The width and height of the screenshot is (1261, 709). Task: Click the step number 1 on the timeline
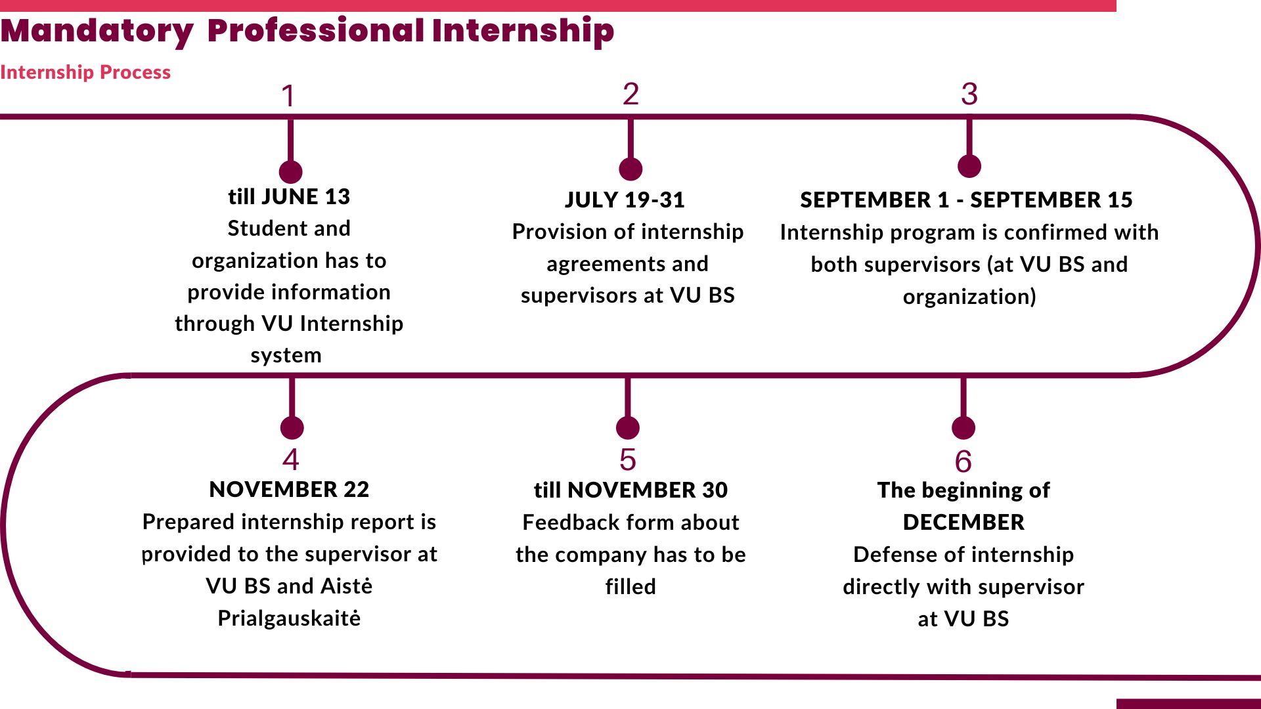(x=288, y=97)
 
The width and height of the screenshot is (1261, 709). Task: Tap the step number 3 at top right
(x=969, y=95)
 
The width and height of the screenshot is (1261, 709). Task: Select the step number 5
(x=628, y=460)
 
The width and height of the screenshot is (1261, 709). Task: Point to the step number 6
(x=963, y=462)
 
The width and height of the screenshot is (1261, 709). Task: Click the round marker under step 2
(x=630, y=169)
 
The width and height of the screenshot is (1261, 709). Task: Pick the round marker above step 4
(x=292, y=427)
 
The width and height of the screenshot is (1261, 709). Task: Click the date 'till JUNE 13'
(x=289, y=196)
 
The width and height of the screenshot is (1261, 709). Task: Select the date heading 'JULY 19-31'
(x=625, y=200)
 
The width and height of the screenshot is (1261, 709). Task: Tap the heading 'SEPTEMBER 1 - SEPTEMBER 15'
(x=966, y=200)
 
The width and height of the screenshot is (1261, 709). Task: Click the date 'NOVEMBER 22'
(x=289, y=489)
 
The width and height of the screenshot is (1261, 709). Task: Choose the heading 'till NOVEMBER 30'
(x=630, y=490)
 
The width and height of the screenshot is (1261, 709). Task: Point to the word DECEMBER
(x=963, y=522)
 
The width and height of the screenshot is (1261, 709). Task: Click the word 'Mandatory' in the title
(x=97, y=31)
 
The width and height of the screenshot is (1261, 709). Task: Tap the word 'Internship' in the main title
(x=523, y=31)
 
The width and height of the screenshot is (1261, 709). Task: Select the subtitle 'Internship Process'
(x=85, y=72)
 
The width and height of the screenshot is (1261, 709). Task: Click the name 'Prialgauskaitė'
(x=289, y=618)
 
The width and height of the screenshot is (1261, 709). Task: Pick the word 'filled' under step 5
(x=630, y=586)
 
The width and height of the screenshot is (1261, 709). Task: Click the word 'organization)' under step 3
(x=969, y=297)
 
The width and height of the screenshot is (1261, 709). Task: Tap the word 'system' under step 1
(x=286, y=355)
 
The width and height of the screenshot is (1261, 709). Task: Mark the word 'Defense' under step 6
(x=886, y=554)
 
